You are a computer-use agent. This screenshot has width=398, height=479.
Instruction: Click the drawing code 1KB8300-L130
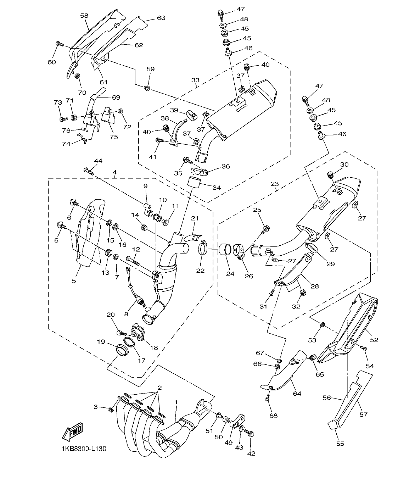83,449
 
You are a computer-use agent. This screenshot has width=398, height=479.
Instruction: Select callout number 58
84,16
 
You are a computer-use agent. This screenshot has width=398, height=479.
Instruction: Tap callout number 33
196,80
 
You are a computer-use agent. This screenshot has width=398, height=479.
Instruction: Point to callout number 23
275,184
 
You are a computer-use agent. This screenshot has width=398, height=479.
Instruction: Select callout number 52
374,340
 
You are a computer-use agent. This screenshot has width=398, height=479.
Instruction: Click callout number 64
297,394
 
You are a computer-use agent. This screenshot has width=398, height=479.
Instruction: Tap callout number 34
217,187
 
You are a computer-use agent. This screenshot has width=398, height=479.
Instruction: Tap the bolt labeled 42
250,433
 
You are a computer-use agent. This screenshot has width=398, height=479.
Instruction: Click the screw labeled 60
59,44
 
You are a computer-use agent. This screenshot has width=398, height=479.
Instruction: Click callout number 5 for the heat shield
74,281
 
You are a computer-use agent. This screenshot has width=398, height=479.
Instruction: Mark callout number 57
363,414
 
